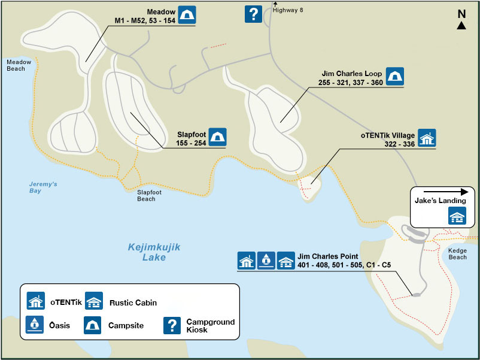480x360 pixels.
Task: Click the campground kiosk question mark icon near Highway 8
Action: (253, 14)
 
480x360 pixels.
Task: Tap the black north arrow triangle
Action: (461, 26)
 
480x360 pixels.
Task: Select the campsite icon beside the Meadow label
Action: (187, 15)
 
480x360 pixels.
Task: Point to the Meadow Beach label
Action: (16, 65)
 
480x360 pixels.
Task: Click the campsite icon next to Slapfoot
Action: (217, 137)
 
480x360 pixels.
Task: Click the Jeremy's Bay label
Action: (43, 187)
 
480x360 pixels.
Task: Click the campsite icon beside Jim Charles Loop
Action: (394, 76)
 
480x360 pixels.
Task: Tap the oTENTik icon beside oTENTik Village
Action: (427, 138)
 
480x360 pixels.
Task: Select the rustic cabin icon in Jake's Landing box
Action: (457, 216)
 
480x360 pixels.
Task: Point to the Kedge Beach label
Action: (457, 253)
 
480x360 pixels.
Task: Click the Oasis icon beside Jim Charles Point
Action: (266, 260)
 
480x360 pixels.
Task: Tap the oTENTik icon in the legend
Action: (36, 301)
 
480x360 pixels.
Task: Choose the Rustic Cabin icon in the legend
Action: (93, 301)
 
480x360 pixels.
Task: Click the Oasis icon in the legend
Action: (36, 325)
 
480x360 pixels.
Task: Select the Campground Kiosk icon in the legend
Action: (172, 325)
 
